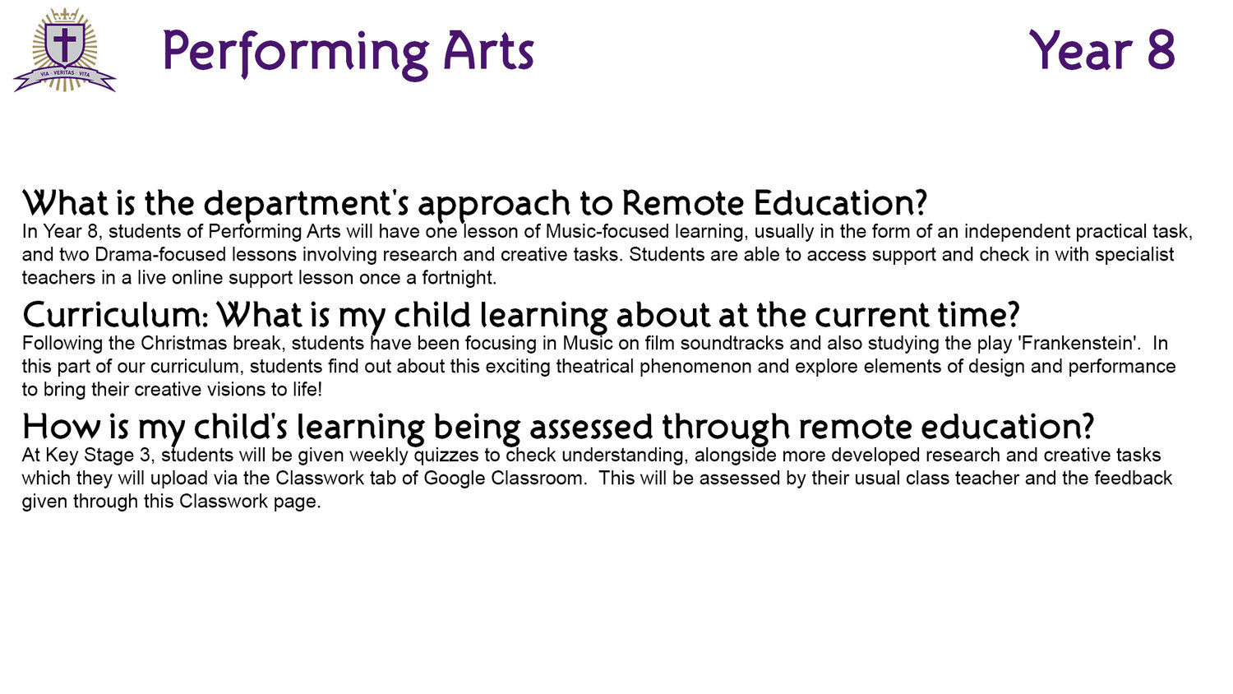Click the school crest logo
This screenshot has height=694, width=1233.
(x=65, y=50)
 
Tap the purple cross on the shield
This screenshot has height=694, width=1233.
(x=65, y=43)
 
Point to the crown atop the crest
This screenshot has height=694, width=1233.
(x=65, y=15)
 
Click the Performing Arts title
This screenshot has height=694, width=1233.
(x=349, y=53)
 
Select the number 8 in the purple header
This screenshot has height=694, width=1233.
(x=1161, y=50)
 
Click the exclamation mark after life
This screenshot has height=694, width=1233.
(x=319, y=390)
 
